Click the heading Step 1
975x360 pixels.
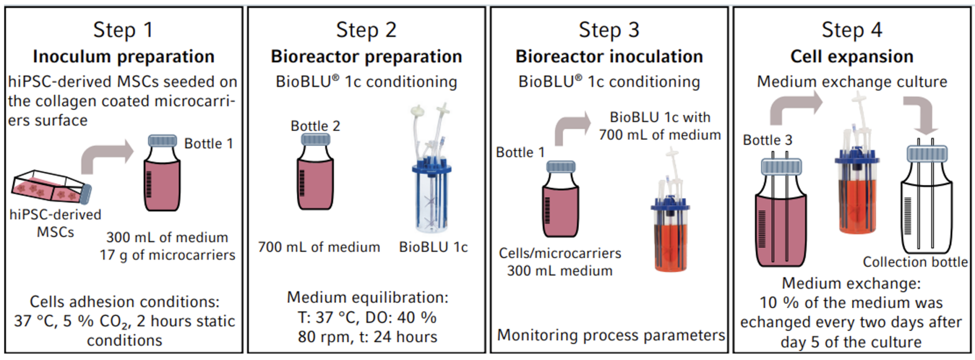pyautogui.click(x=123, y=30)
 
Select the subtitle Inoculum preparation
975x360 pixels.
pyautogui.click(x=123, y=56)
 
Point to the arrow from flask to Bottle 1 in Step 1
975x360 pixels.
pyautogui.click(x=107, y=155)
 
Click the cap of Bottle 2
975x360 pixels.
pyautogui.click(x=315, y=140)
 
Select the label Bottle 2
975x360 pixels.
pyautogui.click(x=315, y=126)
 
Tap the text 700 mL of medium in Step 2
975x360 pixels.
pyautogui.click(x=319, y=247)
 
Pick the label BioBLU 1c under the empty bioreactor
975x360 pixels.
pyautogui.click(x=433, y=247)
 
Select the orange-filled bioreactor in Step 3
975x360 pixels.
pyautogui.click(x=670, y=224)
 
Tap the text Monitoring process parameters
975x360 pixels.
pyautogui.click(x=611, y=335)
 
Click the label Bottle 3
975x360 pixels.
pyautogui.click(x=767, y=140)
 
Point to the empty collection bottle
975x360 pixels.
pyautogui.click(x=926, y=205)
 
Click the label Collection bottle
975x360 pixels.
pyautogui.click(x=915, y=262)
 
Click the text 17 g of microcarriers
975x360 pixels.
pyautogui.click(x=168, y=255)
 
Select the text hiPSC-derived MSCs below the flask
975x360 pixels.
pyautogui.click(x=55, y=223)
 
